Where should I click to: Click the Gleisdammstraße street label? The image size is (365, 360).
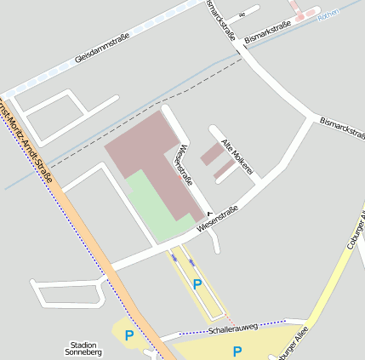coord(101,48)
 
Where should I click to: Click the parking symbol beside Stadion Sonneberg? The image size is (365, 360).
coord(129,335)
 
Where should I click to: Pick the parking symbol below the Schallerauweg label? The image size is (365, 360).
coord(237,350)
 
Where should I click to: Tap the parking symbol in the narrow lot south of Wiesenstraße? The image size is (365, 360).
coord(197,283)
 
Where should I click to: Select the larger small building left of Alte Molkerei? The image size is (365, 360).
coord(209,155)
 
